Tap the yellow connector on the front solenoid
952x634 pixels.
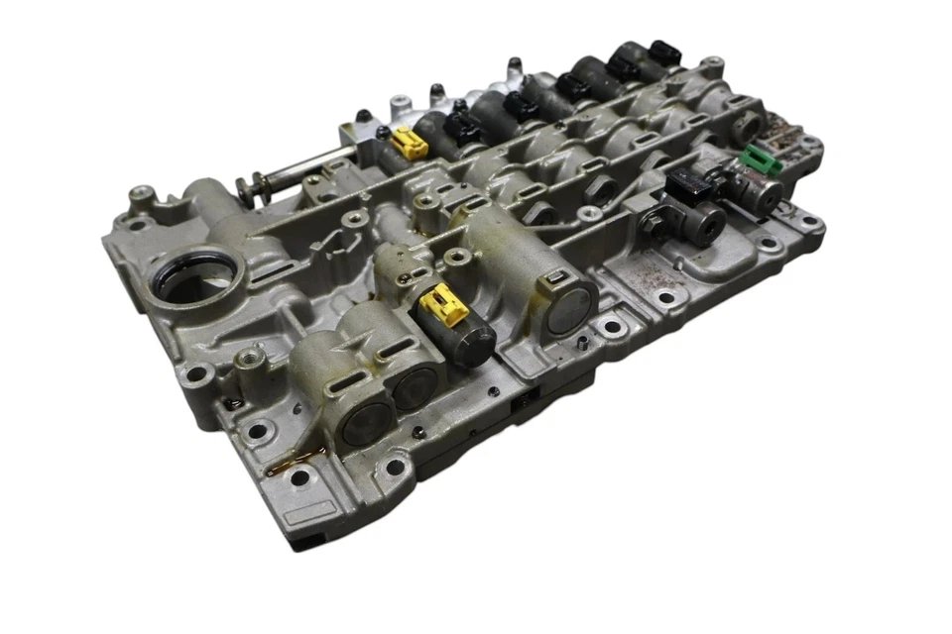click(442, 304)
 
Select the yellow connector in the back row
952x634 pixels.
click(409, 145)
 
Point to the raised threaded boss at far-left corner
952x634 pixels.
click(142, 195)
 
